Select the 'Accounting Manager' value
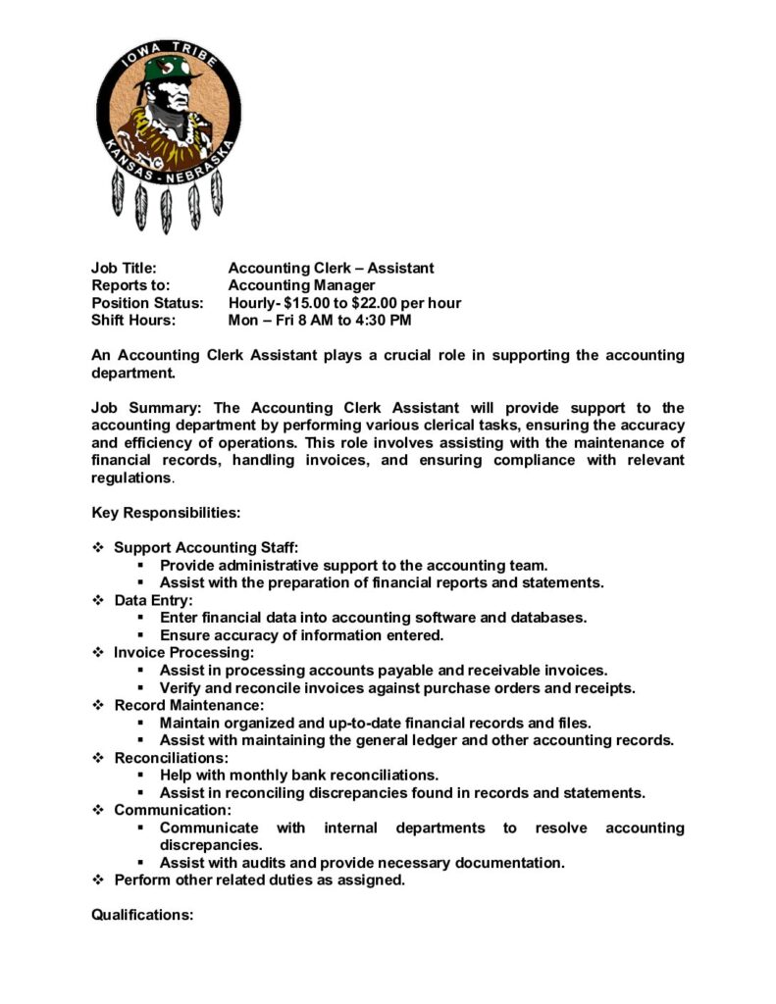[301, 285]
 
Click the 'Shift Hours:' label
[133, 321]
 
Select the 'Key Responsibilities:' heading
[166, 512]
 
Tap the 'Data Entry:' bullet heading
[153, 600]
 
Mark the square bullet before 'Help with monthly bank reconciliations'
[141, 776]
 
